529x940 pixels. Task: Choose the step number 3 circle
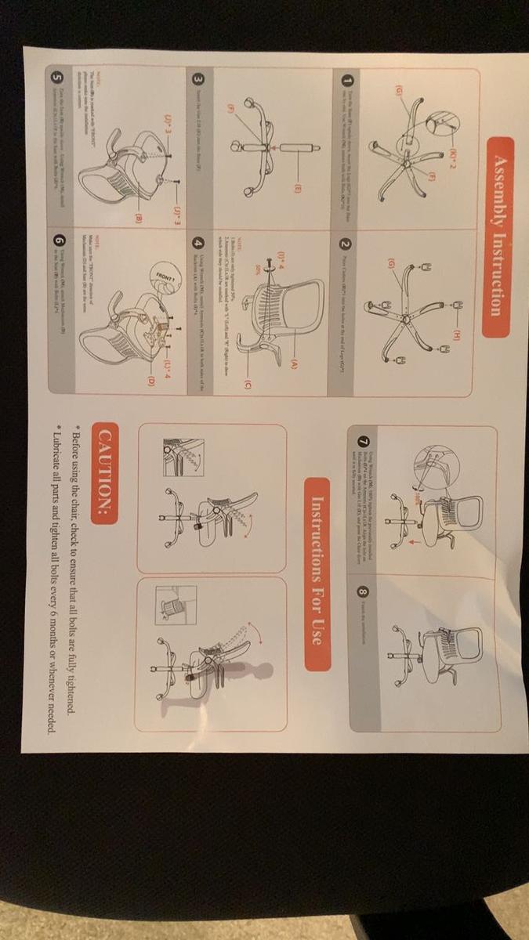coord(200,80)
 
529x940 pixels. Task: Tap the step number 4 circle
coord(200,244)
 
